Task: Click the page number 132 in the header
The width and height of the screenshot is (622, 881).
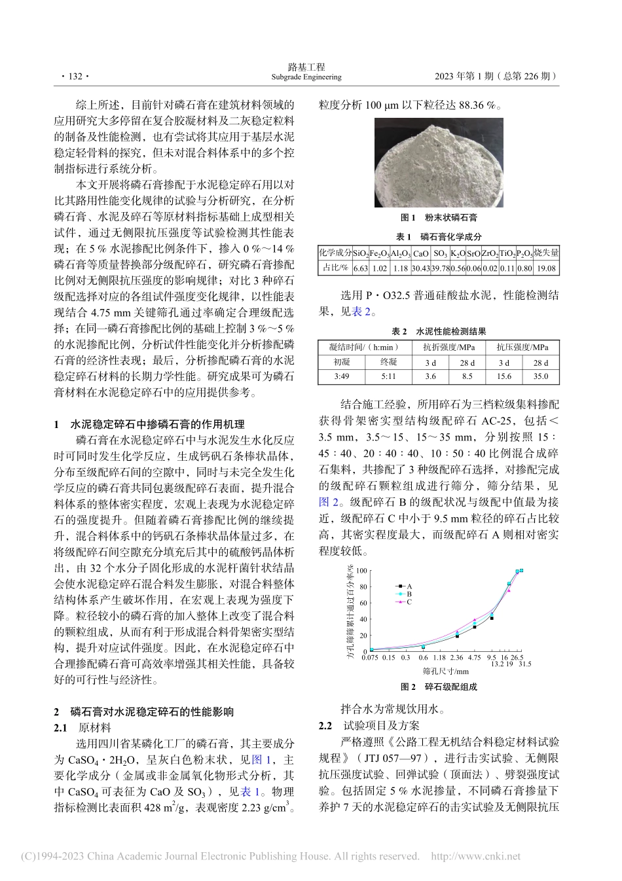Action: tap(73, 77)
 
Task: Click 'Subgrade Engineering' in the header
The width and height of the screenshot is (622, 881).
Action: tap(306, 77)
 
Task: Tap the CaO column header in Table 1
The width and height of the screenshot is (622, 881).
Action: tap(420, 253)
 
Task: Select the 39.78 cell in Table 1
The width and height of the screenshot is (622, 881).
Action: tap(440, 268)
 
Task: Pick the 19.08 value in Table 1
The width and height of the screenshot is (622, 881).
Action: tap(546, 268)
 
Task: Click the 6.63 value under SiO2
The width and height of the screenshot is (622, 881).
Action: tap(361, 268)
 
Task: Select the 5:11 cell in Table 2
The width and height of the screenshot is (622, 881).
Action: tap(388, 376)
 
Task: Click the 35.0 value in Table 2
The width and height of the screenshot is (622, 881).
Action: tap(541, 376)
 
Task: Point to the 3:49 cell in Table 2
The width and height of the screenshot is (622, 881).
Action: tap(341, 376)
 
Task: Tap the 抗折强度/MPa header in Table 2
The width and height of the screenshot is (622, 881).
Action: tap(448, 348)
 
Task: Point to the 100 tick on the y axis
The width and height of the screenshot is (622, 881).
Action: tap(361, 571)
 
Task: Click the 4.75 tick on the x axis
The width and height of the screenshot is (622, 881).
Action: tap(475, 658)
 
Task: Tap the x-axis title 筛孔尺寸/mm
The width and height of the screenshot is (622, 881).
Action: tap(445, 672)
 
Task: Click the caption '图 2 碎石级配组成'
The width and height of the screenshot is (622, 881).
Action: tap(439, 687)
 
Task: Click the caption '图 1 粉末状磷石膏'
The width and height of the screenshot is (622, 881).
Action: tap(439, 217)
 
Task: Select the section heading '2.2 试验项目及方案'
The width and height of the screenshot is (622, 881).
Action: tap(369, 725)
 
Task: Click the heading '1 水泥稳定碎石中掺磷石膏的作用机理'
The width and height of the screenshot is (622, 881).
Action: tap(149, 424)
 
